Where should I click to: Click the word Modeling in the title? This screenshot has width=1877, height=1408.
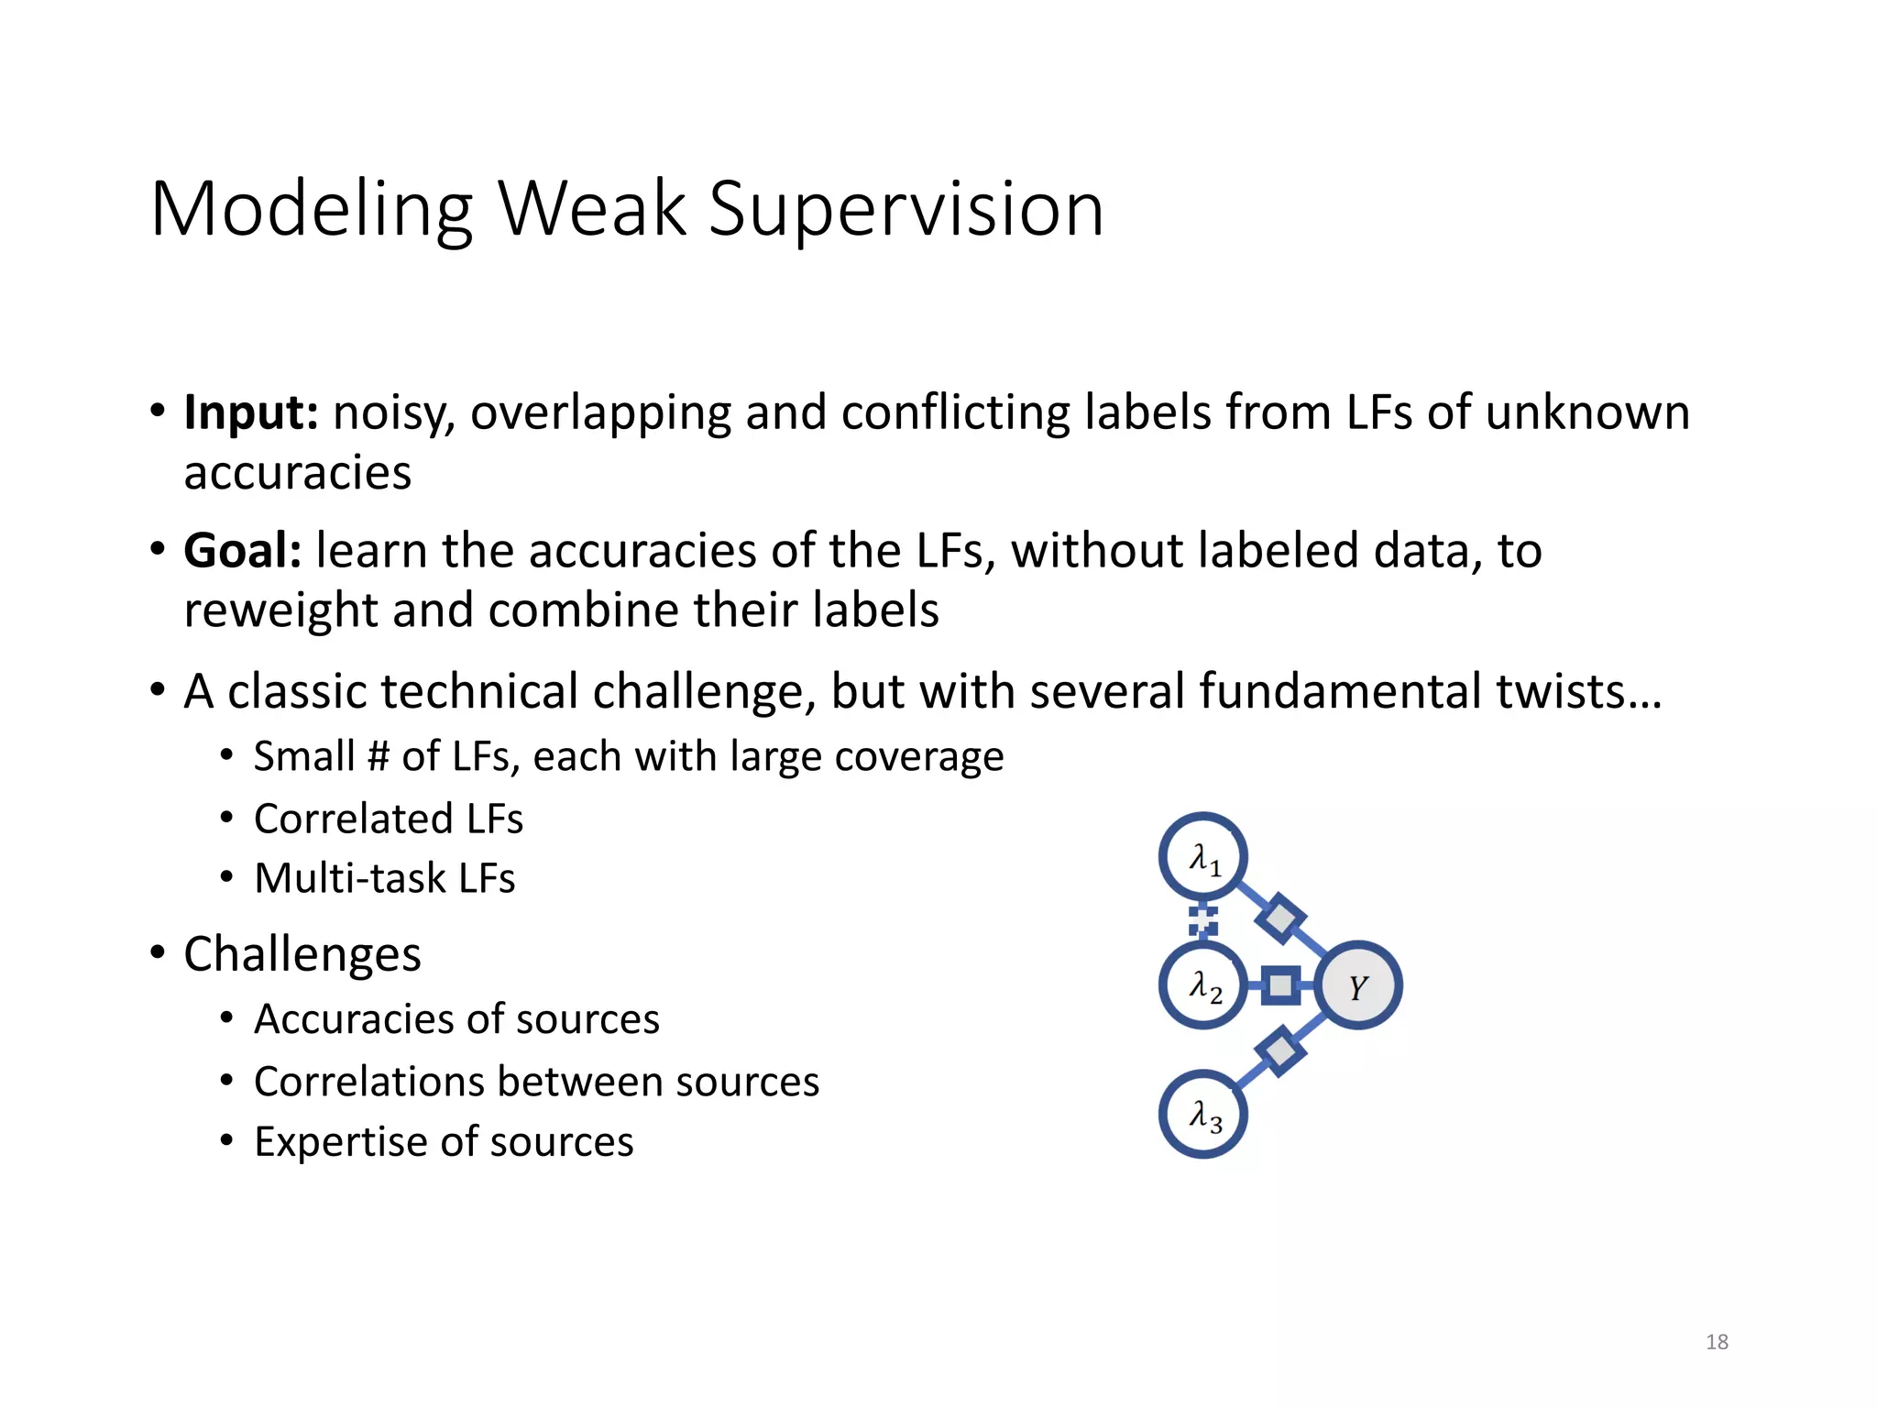[x=312, y=211]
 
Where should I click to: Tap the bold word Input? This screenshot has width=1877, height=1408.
[x=251, y=412]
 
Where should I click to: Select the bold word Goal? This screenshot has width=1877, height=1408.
[x=243, y=551]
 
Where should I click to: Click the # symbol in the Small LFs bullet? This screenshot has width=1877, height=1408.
[x=379, y=757]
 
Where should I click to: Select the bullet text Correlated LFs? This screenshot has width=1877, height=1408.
[x=388, y=819]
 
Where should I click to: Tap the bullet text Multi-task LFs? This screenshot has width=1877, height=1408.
[x=384, y=878]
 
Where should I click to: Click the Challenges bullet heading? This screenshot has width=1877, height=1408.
[x=302, y=954]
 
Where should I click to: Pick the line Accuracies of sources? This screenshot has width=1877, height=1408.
[x=456, y=1019]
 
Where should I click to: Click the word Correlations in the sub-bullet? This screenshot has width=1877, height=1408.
[x=367, y=1082]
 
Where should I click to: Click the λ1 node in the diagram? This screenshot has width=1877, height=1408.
[x=1203, y=857]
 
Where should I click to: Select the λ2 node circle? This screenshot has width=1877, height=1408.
[x=1203, y=986]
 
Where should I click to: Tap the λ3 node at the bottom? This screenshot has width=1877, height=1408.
[x=1203, y=1115]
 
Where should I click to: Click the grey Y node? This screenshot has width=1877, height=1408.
[x=1358, y=986]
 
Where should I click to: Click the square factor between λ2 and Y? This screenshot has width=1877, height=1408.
[x=1280, y=986]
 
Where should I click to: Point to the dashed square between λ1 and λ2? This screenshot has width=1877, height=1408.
[x=1202, y=920]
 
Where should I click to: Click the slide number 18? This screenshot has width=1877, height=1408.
[x=1717, y=1342]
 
